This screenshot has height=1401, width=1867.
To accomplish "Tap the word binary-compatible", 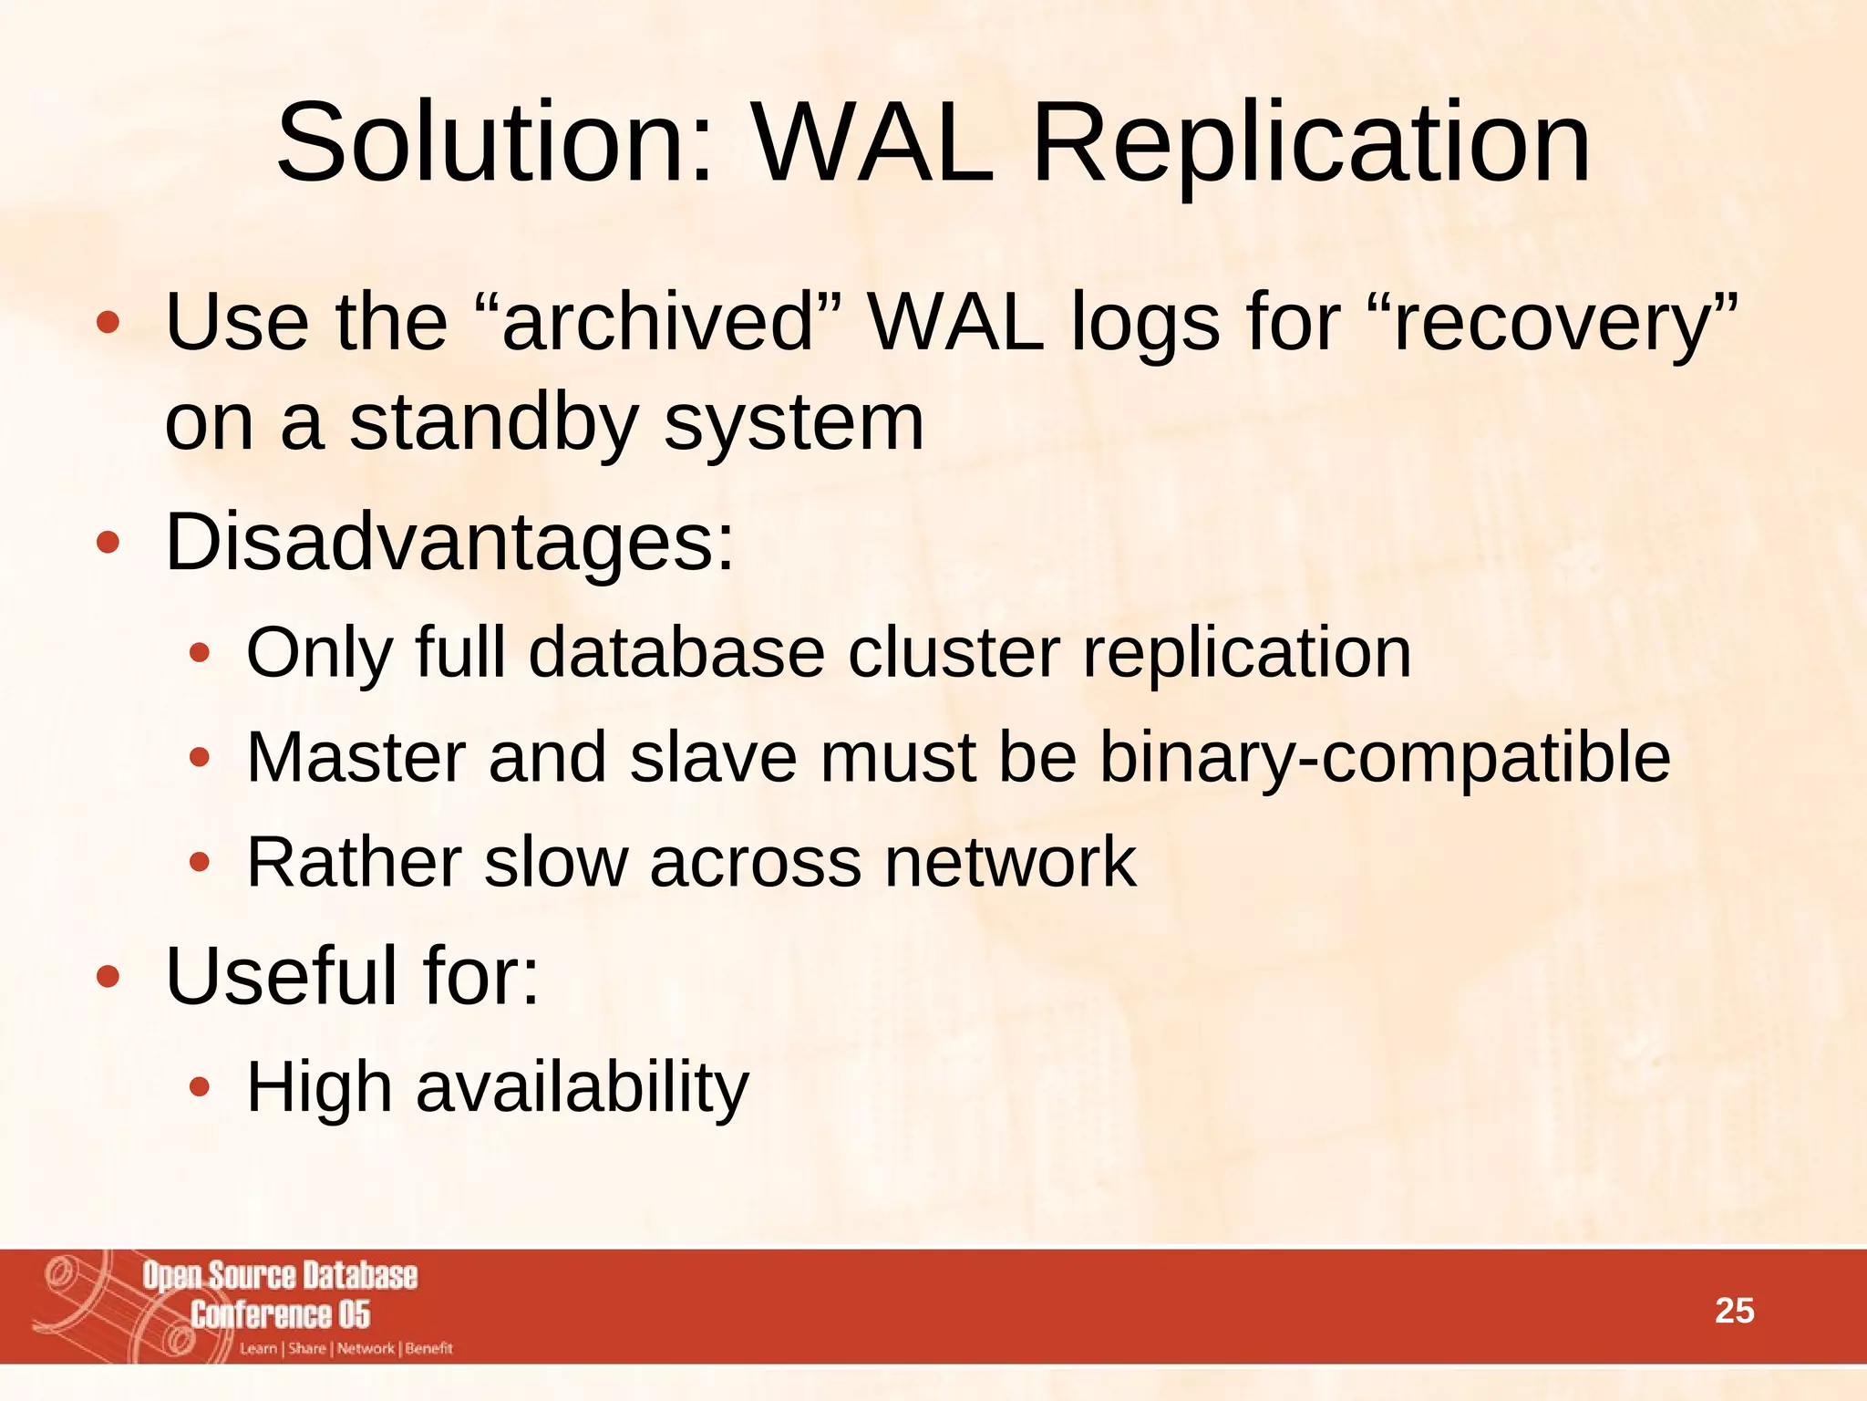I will point(1385,757).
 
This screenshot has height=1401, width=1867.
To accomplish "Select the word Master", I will point(356,757).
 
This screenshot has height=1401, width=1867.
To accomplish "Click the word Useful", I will point(282,975).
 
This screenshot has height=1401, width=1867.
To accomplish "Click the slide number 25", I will point(1734,1311).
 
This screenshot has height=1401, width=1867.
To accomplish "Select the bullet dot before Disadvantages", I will point(108,544).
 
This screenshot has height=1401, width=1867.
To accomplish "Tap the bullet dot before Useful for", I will point(108,977).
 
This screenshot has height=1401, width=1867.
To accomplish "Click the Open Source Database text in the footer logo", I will point(279,1276).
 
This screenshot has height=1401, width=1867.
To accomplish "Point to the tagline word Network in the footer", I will point(366,1348).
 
